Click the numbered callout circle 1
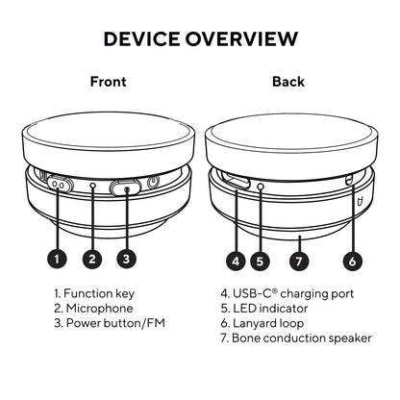point(57,259)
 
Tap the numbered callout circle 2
point(92,259)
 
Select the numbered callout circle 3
point(126,259)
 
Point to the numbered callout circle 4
point(236,262)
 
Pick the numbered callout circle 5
point(260,262)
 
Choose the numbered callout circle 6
point(352,262)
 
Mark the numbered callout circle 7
point(299,262)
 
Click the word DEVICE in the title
point(141,38)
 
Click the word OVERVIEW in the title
point(242,38)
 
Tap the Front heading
point(109,82)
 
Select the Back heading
point(288,82)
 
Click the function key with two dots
point(59,185)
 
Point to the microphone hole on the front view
point(92,186)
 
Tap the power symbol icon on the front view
point(153,183)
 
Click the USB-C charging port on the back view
point(236,180)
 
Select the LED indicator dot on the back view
point(261,187)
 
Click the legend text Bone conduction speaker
point(302,337)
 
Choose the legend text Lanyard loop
point(268,323)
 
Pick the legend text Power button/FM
point(115,323)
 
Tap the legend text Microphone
point(99,309)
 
